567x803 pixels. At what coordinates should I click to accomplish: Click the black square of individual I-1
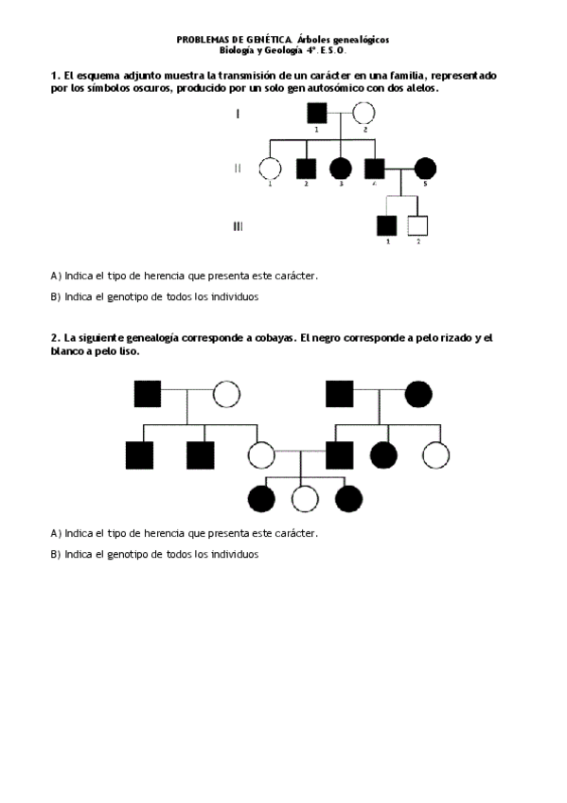(x=317, y=113)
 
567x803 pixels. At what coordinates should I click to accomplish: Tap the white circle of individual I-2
(x=364, y=114)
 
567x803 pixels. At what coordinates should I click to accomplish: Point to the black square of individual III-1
(x=386, y=226)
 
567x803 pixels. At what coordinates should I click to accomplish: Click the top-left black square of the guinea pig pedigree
(x=147, y=393)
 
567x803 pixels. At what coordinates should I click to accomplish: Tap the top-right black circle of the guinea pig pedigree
(x=418, y=393)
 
